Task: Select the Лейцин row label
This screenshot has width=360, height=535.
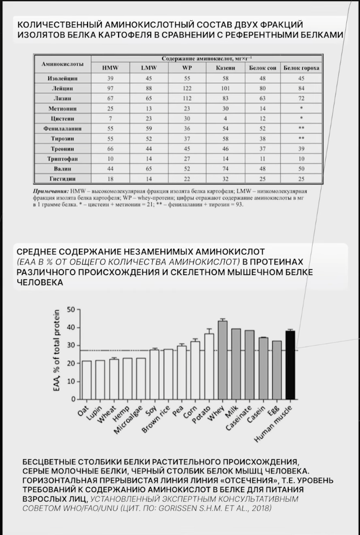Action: (63, 88)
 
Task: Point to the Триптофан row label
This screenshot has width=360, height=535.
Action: (63, 158)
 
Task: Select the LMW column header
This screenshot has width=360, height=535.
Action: (148, 68)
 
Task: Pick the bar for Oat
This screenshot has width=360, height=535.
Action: (86, 379)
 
